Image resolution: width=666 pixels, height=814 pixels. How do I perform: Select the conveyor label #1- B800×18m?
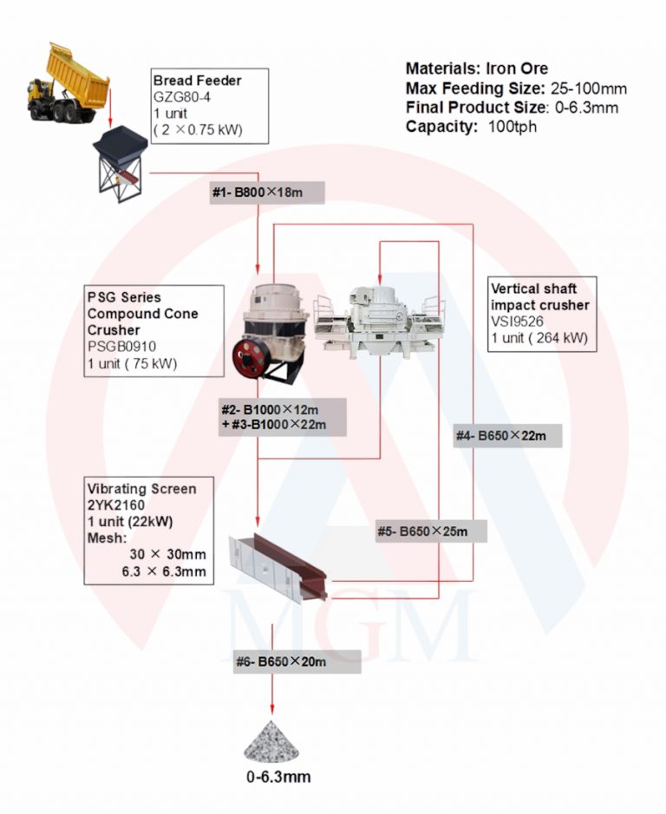258,192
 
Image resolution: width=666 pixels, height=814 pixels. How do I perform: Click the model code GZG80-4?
182,97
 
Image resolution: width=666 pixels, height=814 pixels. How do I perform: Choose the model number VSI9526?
517,322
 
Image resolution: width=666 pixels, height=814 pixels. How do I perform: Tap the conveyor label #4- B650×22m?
500,436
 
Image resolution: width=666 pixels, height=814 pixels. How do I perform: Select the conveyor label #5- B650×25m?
422,531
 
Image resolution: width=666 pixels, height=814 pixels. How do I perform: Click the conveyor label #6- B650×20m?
281,662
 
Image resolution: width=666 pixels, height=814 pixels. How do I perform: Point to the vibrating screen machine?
277,569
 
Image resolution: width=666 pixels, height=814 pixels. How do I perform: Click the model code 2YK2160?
116,505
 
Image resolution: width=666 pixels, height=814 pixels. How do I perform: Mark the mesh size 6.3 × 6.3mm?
164,571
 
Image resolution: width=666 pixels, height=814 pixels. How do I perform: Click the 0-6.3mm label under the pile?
278,777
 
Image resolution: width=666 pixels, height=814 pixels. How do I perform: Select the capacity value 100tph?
513,127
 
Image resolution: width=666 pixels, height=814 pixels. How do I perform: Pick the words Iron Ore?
517,68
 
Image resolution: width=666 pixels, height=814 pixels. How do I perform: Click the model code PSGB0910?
121,346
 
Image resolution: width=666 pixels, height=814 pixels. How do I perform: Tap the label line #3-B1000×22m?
274,425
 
